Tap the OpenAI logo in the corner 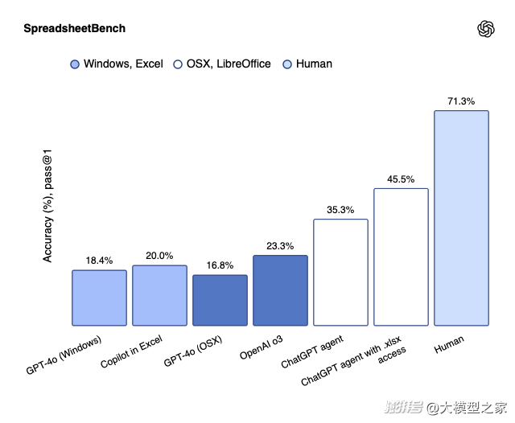(485, 29)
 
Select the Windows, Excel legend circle (75, 64)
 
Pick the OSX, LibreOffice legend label (229, 64)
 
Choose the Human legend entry (314, 64)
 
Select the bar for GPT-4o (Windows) (99, 298)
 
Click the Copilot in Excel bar (159, 295)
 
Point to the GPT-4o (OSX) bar (220, 300)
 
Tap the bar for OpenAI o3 (280, 290)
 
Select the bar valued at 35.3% (340, 272)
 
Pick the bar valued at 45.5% (401, 257)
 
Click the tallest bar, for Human (461, 217)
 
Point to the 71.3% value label (461, 101)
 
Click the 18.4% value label (99, 261)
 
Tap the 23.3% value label (280, 246)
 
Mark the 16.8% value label (220, 265)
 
